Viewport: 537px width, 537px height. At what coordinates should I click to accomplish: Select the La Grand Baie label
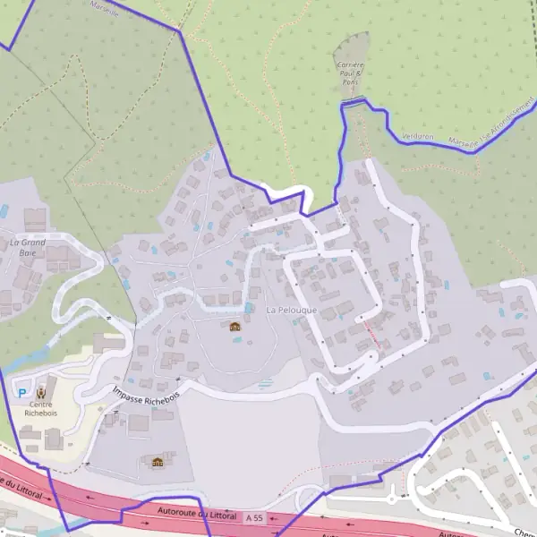[27, 247]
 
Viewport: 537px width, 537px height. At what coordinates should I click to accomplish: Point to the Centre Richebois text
[41, 409]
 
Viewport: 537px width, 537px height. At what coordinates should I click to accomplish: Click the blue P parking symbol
[21, 391]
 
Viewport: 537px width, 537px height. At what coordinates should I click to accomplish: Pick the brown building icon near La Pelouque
[235, 327]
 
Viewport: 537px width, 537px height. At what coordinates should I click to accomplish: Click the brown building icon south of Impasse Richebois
[158, 462]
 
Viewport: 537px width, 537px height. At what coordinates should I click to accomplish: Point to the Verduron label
[417, 136]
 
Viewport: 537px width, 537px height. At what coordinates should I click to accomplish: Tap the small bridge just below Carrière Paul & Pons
[353, 105]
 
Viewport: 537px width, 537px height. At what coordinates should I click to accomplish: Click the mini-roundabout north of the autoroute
[391, 499]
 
